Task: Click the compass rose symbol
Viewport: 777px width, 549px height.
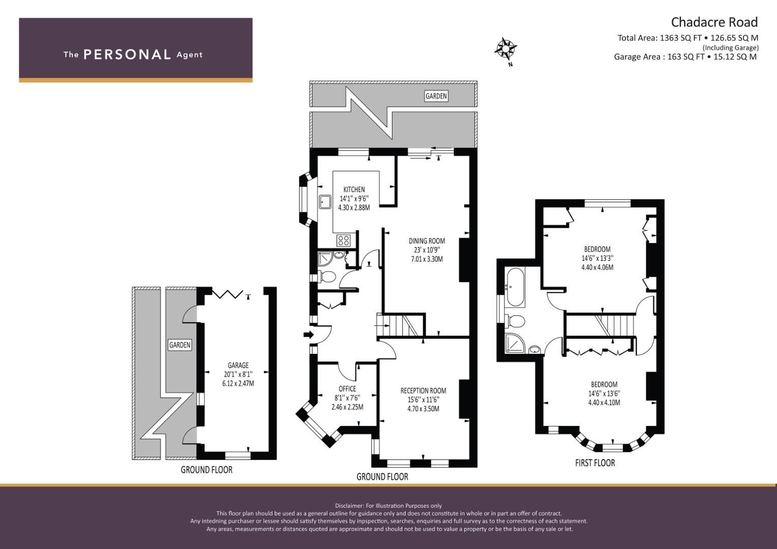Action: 505,49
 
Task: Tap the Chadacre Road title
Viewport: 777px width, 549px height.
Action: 714,22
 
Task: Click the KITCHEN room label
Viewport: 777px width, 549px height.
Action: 354,190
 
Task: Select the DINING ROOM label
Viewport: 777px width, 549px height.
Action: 427,241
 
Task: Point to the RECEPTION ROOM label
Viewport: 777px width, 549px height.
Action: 423,390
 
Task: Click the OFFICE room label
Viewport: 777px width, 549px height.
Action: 347,389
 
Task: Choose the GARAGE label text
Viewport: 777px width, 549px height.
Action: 238,365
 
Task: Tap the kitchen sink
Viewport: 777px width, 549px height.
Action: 325,202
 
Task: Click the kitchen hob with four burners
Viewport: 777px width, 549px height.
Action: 343,240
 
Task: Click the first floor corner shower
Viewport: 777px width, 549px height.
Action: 514,344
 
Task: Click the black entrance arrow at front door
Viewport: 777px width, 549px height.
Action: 308,334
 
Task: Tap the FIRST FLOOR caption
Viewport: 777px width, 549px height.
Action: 594,463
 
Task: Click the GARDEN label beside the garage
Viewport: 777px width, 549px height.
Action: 180,345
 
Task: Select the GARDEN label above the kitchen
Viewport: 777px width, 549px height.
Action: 436,96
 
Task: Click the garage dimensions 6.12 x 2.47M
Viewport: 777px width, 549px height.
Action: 238,383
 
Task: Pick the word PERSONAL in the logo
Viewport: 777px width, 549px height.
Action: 127,55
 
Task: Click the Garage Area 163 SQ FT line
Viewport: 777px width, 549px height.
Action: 685,57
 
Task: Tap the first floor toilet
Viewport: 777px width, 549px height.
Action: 516,322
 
